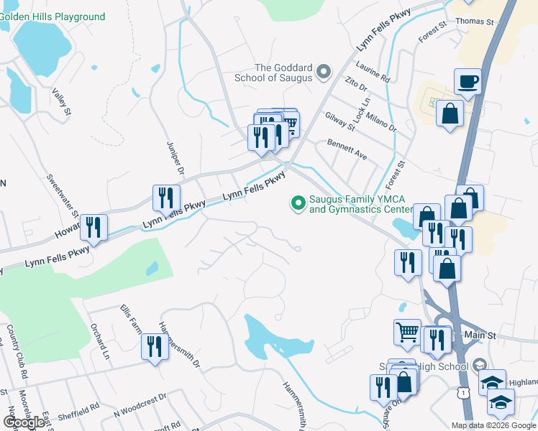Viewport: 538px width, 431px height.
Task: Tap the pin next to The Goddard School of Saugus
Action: click(324, 70)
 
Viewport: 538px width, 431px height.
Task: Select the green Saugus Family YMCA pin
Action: click(297, 204)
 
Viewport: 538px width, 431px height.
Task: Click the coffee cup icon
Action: click(468, 81)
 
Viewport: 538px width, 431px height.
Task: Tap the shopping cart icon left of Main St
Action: click(407, 332)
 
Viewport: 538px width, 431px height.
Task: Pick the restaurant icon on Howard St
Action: click(94, 227)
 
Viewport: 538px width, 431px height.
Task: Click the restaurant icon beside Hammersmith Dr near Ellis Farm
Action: click(154, 347)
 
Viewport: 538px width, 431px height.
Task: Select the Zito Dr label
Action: click(356, 85)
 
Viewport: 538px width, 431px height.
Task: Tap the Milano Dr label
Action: click(382, 116)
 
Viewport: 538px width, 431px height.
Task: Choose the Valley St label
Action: click(61, 102)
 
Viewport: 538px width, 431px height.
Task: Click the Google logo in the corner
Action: click(24, 422)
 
